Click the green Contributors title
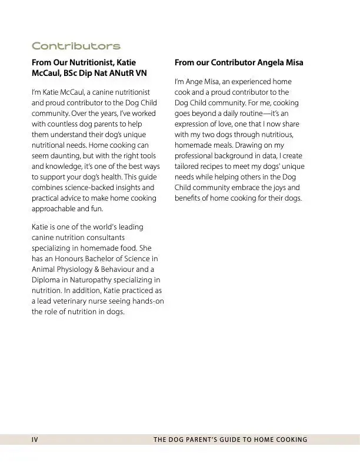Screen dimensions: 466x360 pos(76,46)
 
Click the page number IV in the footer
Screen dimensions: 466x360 pos(35,440)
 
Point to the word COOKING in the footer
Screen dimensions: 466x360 pos(289,440)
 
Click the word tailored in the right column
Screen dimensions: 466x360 pos(188,167)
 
